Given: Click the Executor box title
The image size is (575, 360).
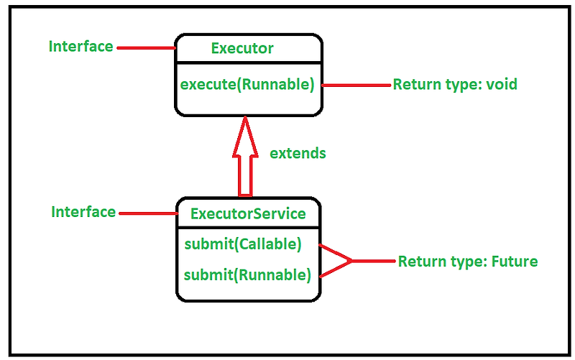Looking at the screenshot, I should pyautogui.click(x=242, y=49).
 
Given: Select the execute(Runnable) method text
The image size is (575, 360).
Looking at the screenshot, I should pyautogui.click(x=247, y=84).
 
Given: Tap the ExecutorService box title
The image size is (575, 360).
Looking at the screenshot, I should pyautogui.click(x=248, y=213).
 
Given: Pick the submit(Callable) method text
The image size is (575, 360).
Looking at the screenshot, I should pyautogui.click(x=242, y=244).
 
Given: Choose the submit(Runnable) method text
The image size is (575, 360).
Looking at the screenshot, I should pyautogui.click(x=247, y=274).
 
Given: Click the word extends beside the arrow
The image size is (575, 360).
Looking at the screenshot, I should pyautogui.click(x=298, y=153).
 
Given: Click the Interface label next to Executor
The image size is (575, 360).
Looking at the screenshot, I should pyautogui.click(x=80, y=47).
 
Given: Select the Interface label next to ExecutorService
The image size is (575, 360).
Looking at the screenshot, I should pyautogui.click(x=83, y=212).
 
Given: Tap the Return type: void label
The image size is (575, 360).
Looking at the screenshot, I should pyautogui.click(x=454, y=84).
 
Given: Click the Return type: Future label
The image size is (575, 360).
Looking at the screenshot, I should pyautogui.click(x=467, y=262).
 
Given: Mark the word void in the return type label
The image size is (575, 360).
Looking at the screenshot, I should pyautogui.click(x=500, y=84).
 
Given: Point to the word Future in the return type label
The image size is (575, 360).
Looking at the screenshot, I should pyautogui.click(x=514, y=262).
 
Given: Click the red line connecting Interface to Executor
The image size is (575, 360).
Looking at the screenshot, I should pyautogui.click(x=147, y=48).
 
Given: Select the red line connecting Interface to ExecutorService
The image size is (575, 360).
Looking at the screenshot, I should pyautogui.click(x=148, y=213).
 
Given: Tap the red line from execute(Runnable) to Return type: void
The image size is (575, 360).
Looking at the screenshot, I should pyautogui.click(x=356, y=85).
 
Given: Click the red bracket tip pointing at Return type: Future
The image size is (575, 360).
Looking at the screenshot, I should pyautogui.click(x=351, y=261).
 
